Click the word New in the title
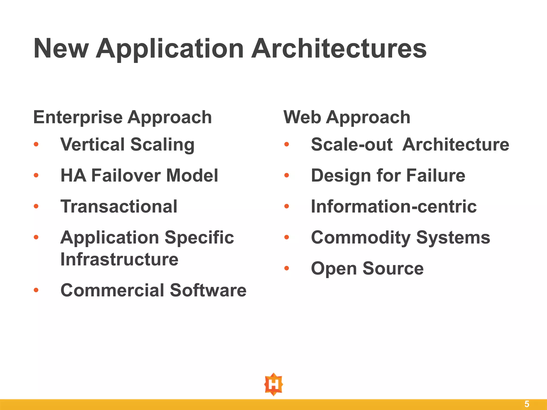[61, 49]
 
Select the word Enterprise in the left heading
[78, 117]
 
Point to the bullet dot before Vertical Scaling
[36, 145]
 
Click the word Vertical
[92, 144]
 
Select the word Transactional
[119, 207]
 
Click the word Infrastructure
[119, 259]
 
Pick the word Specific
[199, 238]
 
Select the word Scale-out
[352, 144]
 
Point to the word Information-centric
[394, 207]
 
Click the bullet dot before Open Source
[287, 268]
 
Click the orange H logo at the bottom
[273, 385]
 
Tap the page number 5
[527, 404]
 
